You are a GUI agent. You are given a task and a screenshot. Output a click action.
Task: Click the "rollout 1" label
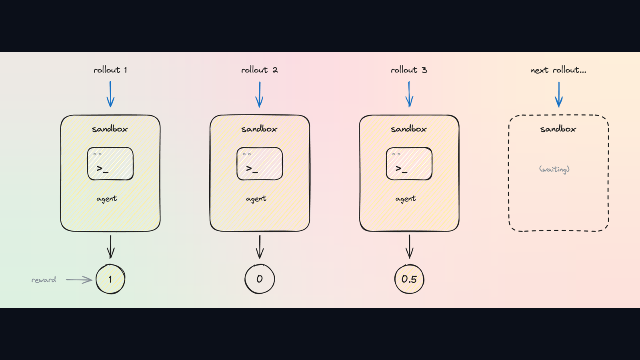point(110,70)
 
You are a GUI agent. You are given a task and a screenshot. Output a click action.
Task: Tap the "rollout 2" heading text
point(260,70)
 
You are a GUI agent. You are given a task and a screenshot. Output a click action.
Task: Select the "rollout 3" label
point(409,70)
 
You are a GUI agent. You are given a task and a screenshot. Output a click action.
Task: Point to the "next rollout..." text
point(558,70)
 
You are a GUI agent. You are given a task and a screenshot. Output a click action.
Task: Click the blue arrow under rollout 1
point(110,94)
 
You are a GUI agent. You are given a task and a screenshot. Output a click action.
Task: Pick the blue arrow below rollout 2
point(260,94)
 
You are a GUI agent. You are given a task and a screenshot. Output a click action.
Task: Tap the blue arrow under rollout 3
point(409,94)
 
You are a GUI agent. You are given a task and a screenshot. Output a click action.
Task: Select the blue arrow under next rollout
point(559,94)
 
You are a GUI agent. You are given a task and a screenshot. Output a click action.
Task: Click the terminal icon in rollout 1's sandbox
point(110,164)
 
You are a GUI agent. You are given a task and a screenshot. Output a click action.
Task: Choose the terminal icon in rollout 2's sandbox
point(260,164)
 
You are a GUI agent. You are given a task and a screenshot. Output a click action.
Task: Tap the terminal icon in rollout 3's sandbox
point(409,164)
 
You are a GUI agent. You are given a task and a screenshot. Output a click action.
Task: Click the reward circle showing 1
point(110,279)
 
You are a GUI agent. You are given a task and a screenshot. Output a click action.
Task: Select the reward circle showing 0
point(260,279)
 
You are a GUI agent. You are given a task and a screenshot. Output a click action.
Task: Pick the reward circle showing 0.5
point(409,279)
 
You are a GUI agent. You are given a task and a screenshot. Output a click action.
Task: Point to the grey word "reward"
point(44,280)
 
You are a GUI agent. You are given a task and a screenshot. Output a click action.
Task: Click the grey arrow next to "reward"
point(79,280)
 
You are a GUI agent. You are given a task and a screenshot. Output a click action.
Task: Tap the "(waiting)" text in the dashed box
point(554,170)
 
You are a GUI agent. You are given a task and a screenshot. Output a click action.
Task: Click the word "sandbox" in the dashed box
point(558,129)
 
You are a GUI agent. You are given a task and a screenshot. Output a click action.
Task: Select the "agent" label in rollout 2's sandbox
point(256,199)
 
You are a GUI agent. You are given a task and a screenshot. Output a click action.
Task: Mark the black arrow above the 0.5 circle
point(410,247)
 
